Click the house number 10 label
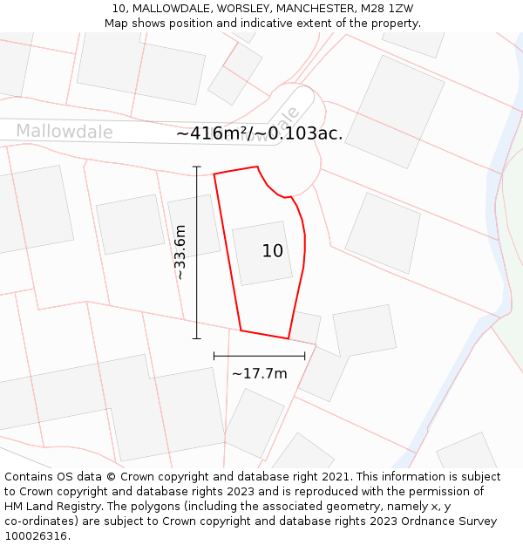(x=272, y=251)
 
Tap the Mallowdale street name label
(x=65, y=132)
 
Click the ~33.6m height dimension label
(x=180, y=252)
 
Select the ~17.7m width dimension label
(x=259, y=373)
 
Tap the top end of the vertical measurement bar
(x=197, y=167)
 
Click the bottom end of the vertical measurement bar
(x=197, y=338)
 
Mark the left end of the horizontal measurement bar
(x=214, y=356)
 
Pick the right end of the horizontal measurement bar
(x=305, y=356)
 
